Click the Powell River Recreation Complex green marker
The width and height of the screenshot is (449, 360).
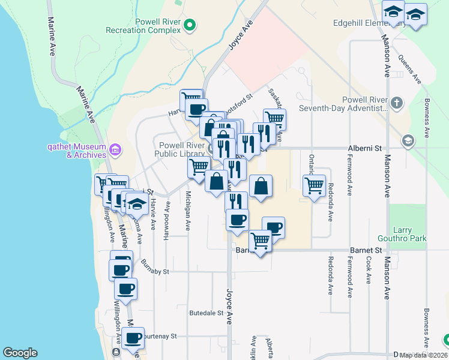pos(190,25)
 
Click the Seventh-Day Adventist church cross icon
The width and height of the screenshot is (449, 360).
pos(396,103)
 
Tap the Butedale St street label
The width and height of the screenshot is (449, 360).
pos(206,313)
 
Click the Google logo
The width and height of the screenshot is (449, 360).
pos(20,353)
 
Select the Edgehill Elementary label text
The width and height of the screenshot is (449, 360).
pos(360,24)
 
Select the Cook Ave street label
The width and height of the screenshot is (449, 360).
pos(368,270)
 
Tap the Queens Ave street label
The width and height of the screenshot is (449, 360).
pos(411,70)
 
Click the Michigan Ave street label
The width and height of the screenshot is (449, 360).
pos(188,211)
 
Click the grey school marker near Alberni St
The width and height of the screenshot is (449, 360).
pos(408,140)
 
